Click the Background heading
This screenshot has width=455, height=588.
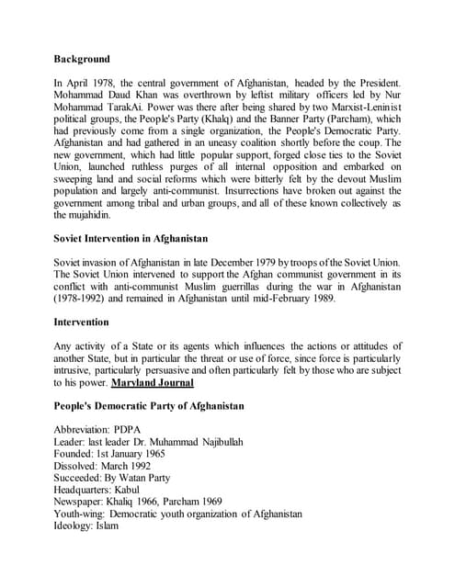click(82, 59)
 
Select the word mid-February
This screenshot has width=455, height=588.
click(321, 300)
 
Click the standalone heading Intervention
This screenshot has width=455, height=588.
click(82, 322)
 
